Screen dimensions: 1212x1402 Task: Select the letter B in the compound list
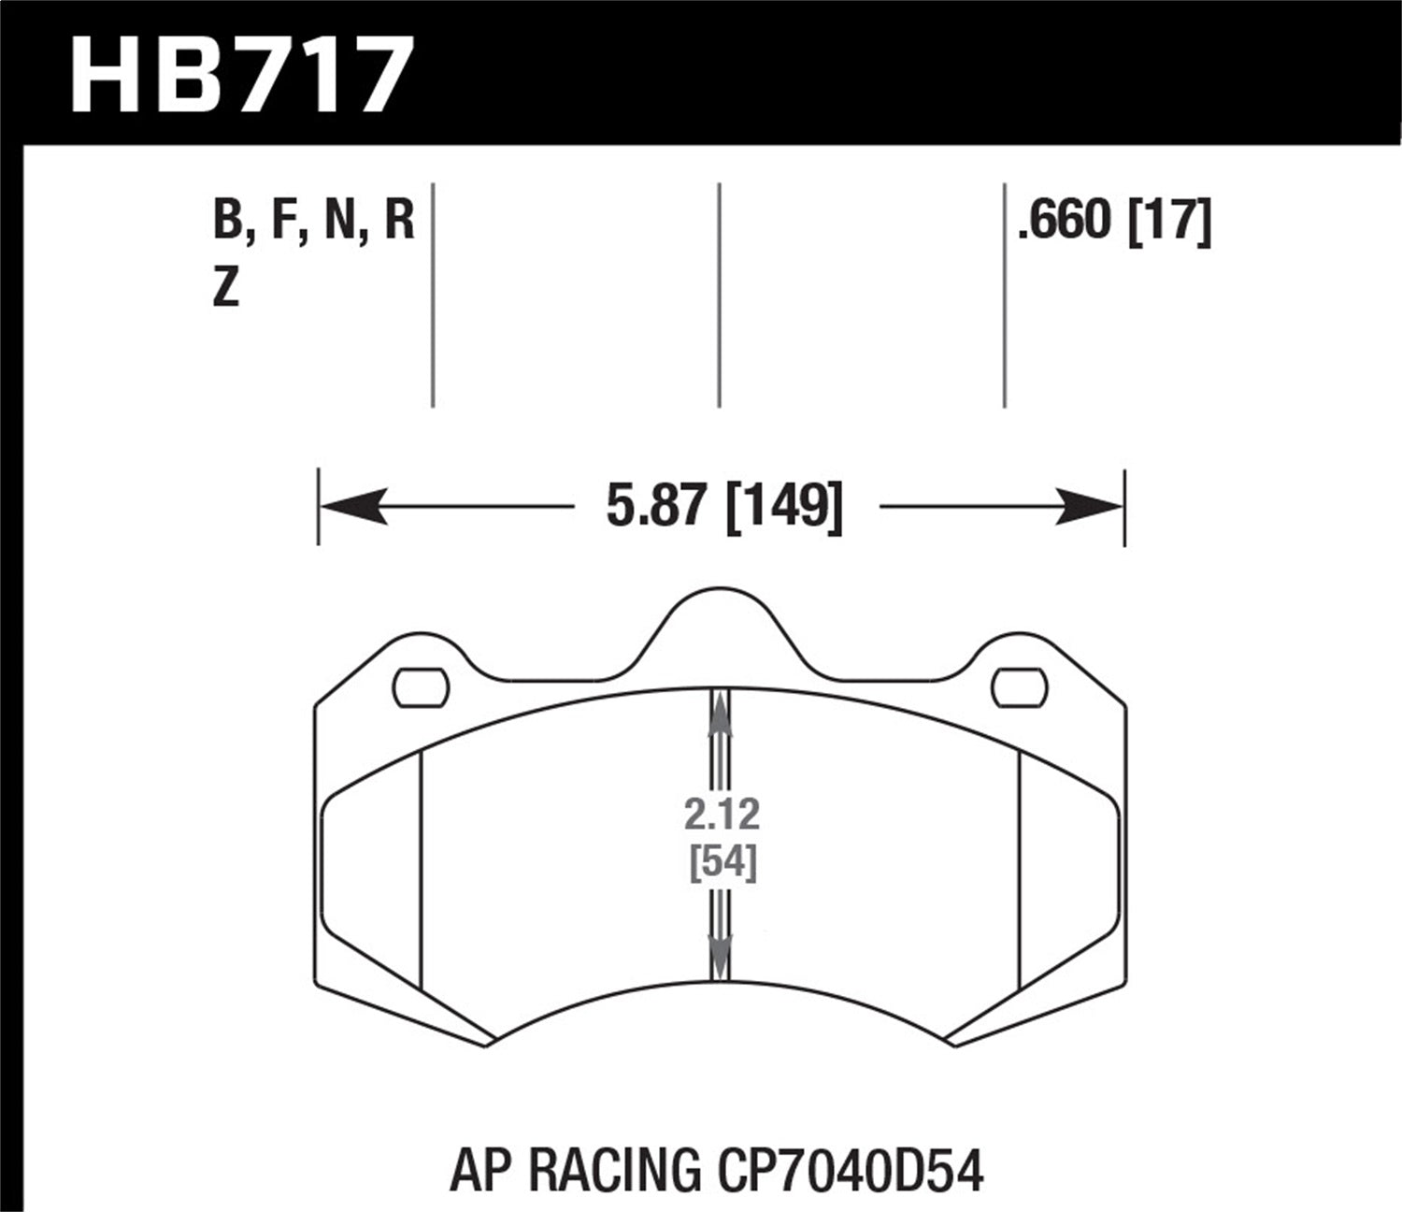point(227,222)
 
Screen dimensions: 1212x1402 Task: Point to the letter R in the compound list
point(399,222)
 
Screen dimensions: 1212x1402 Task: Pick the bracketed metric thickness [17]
point(1170,222)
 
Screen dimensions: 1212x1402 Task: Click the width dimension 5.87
point(653,508)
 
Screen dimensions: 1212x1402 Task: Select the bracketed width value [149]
point(784,508)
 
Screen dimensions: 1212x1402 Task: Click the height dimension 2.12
point(722,815)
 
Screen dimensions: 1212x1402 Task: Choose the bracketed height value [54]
point(722,862)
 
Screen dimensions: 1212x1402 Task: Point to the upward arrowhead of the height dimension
point(719,714)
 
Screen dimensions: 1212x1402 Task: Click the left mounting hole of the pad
point(422,688)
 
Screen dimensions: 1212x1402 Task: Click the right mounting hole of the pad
point(1019,688)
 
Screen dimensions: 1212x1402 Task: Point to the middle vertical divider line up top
point(719,295)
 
